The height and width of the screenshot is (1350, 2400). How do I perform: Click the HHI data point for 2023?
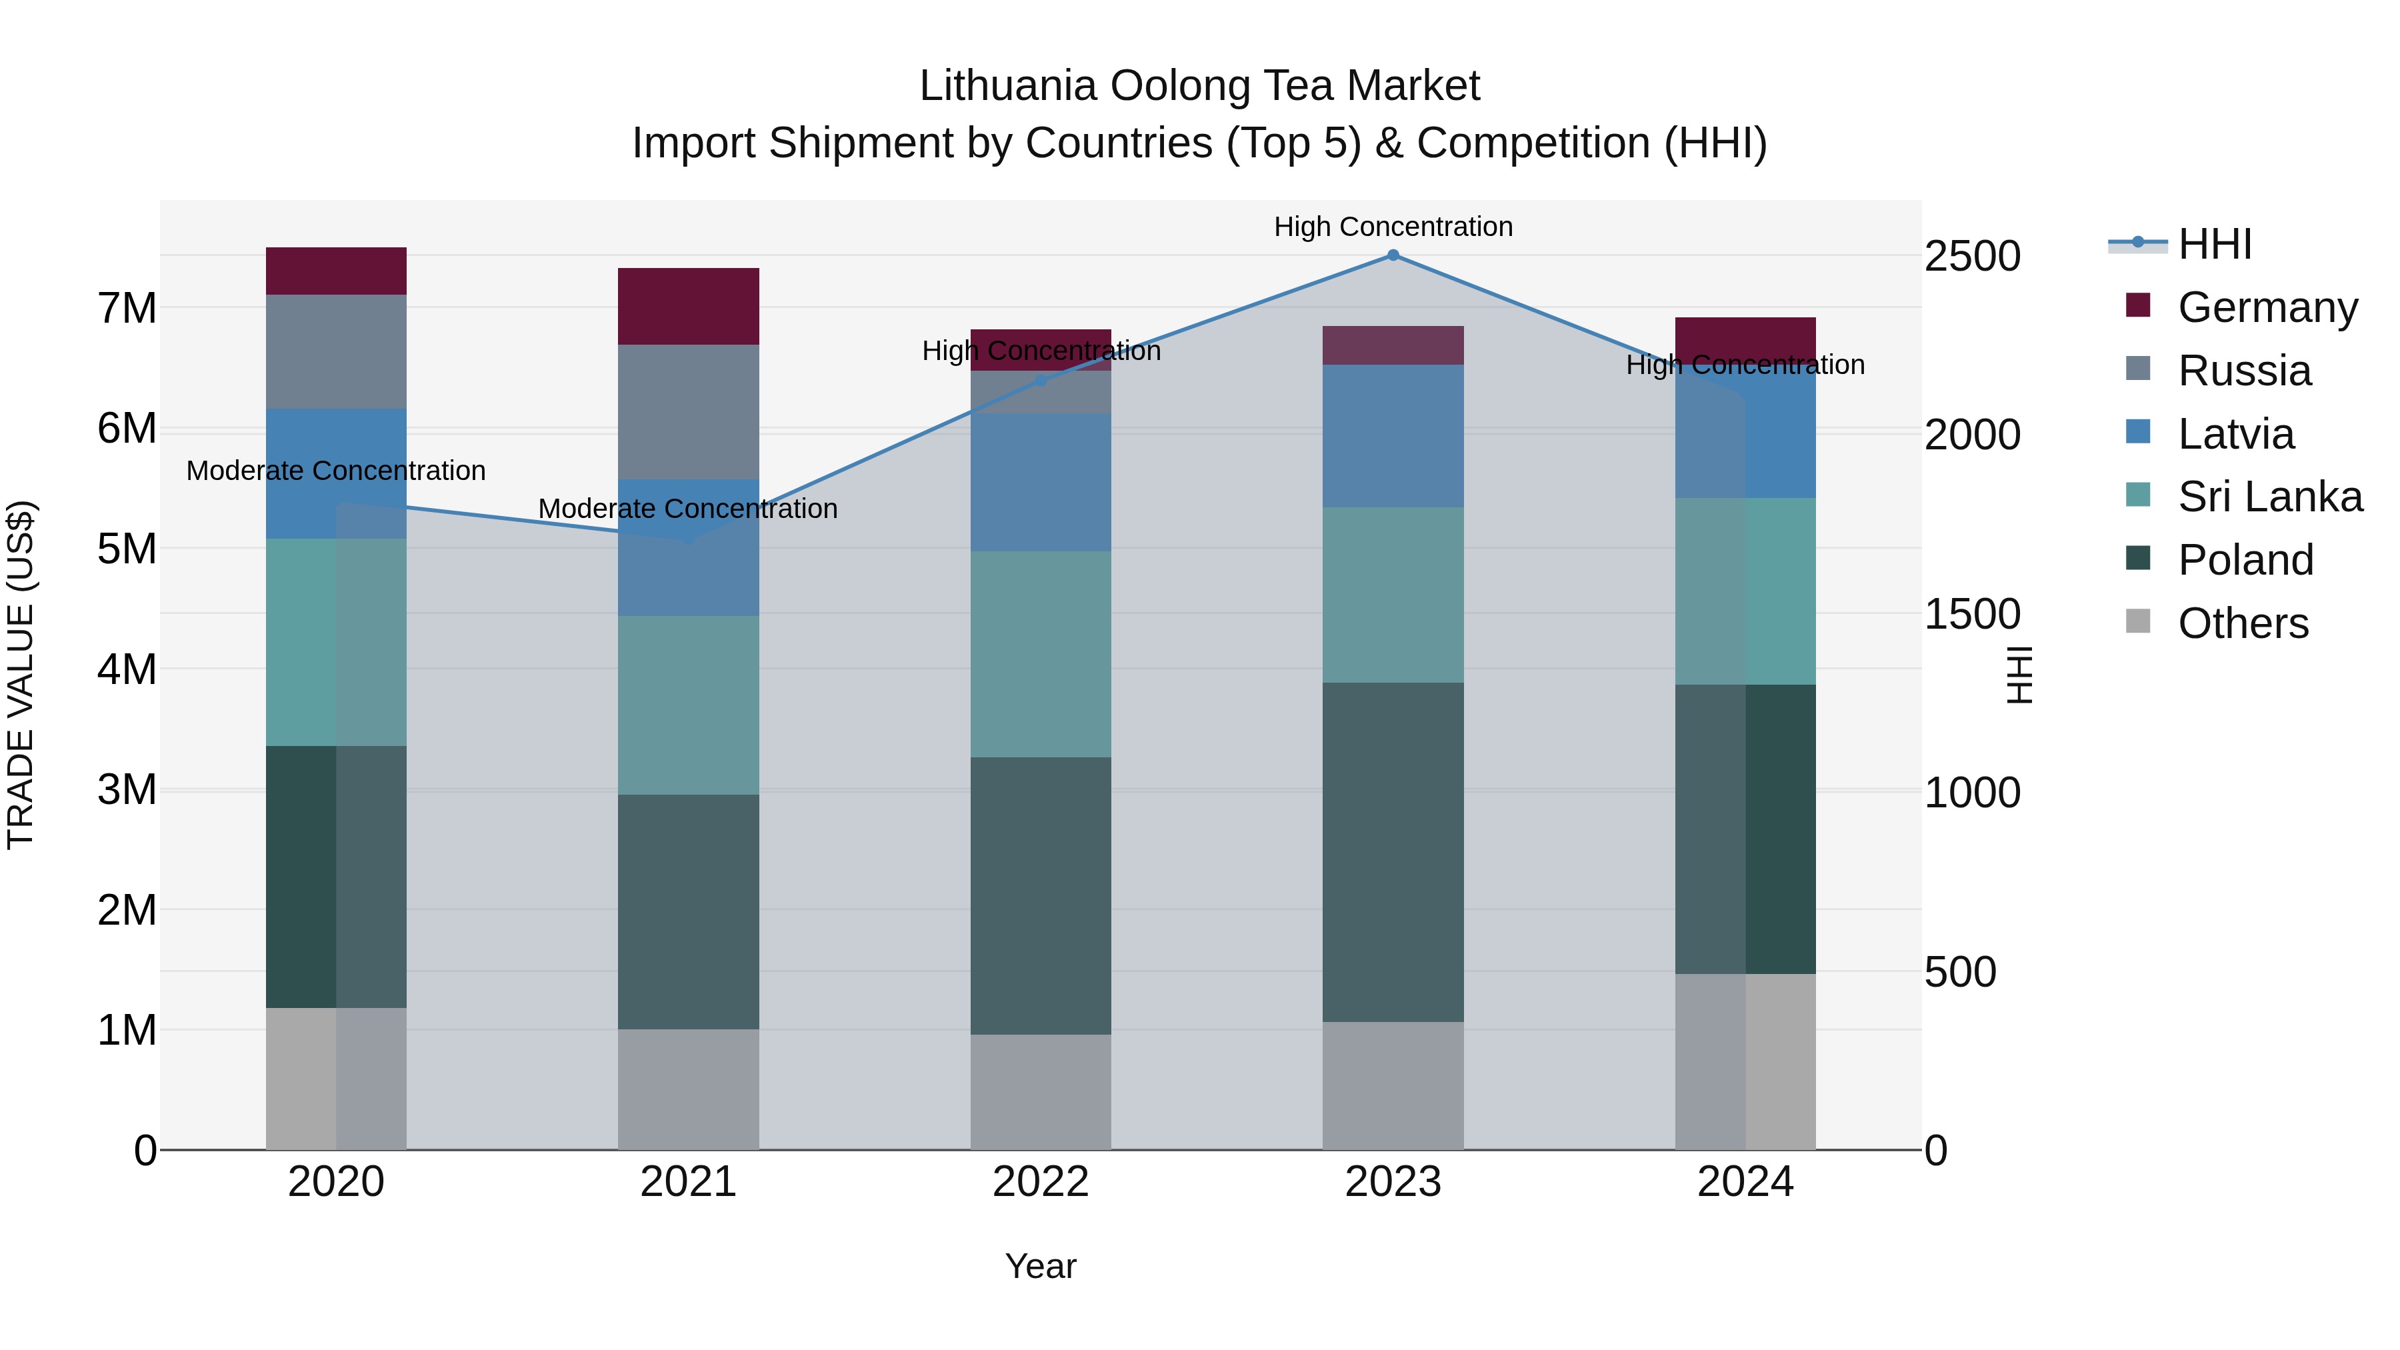[x=1393, y=255]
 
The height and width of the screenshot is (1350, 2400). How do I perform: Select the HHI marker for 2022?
[x=1041, y=380]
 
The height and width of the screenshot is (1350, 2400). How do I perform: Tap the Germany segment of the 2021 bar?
[x=689, y=307]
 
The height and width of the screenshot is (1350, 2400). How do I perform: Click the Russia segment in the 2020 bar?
[x=337, y=351]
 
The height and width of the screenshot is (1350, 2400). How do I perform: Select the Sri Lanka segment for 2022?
[x=1041, y=654]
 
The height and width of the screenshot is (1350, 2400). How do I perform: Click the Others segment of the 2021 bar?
[x=689, y=1089]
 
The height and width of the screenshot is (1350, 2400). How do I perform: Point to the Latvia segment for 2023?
[x=1393, y=436]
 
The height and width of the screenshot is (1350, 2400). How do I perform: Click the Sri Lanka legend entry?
[x=2269, y=497]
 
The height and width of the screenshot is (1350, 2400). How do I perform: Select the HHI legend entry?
[x=2215, y=244]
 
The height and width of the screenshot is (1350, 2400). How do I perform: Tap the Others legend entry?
[x=2243, y=623]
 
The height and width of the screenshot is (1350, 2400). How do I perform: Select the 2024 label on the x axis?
[x=1745, y=1182]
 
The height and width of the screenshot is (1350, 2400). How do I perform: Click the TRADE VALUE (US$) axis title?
[x=21, y=675]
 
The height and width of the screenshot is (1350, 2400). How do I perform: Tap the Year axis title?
[x=1041, y=1266]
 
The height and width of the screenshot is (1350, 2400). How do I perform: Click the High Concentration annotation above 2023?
[x=1393, y=227]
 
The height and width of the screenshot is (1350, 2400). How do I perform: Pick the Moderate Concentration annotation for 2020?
[x=337, y=471]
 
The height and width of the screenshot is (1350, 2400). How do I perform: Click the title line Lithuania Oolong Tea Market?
[x=1199, y=86]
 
